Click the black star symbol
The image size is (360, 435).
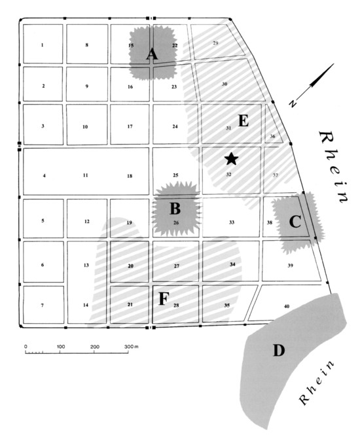231,159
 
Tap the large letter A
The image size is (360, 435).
152,54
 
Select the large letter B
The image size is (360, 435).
175,209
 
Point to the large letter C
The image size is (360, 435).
295,222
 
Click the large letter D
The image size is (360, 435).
279,351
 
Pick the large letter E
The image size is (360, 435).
243,120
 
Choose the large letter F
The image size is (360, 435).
164,299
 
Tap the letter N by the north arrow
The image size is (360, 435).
293,103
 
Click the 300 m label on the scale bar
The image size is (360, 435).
131,347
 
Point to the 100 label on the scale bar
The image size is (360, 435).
61,347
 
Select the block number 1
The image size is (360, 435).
42,45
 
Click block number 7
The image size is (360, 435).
42,305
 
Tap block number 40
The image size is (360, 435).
287,306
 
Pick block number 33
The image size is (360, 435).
232,222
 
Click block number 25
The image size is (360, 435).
175,175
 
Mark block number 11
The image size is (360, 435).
86,175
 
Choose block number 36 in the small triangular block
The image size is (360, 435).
272,136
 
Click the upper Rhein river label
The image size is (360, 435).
333,166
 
